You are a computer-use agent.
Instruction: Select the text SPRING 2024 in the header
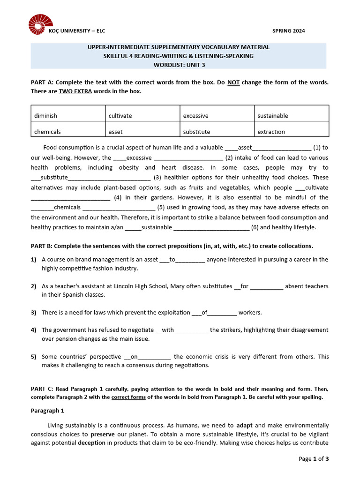point(288,31)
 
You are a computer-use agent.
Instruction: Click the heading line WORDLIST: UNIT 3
point(178,65)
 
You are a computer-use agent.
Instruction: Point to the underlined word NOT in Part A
point(233,82)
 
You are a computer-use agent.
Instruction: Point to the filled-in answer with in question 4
point(167,330)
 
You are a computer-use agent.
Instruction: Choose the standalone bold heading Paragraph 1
point(47,411)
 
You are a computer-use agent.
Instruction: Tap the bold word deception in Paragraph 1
point(91,443)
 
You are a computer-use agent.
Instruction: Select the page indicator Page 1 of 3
point(314,459)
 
